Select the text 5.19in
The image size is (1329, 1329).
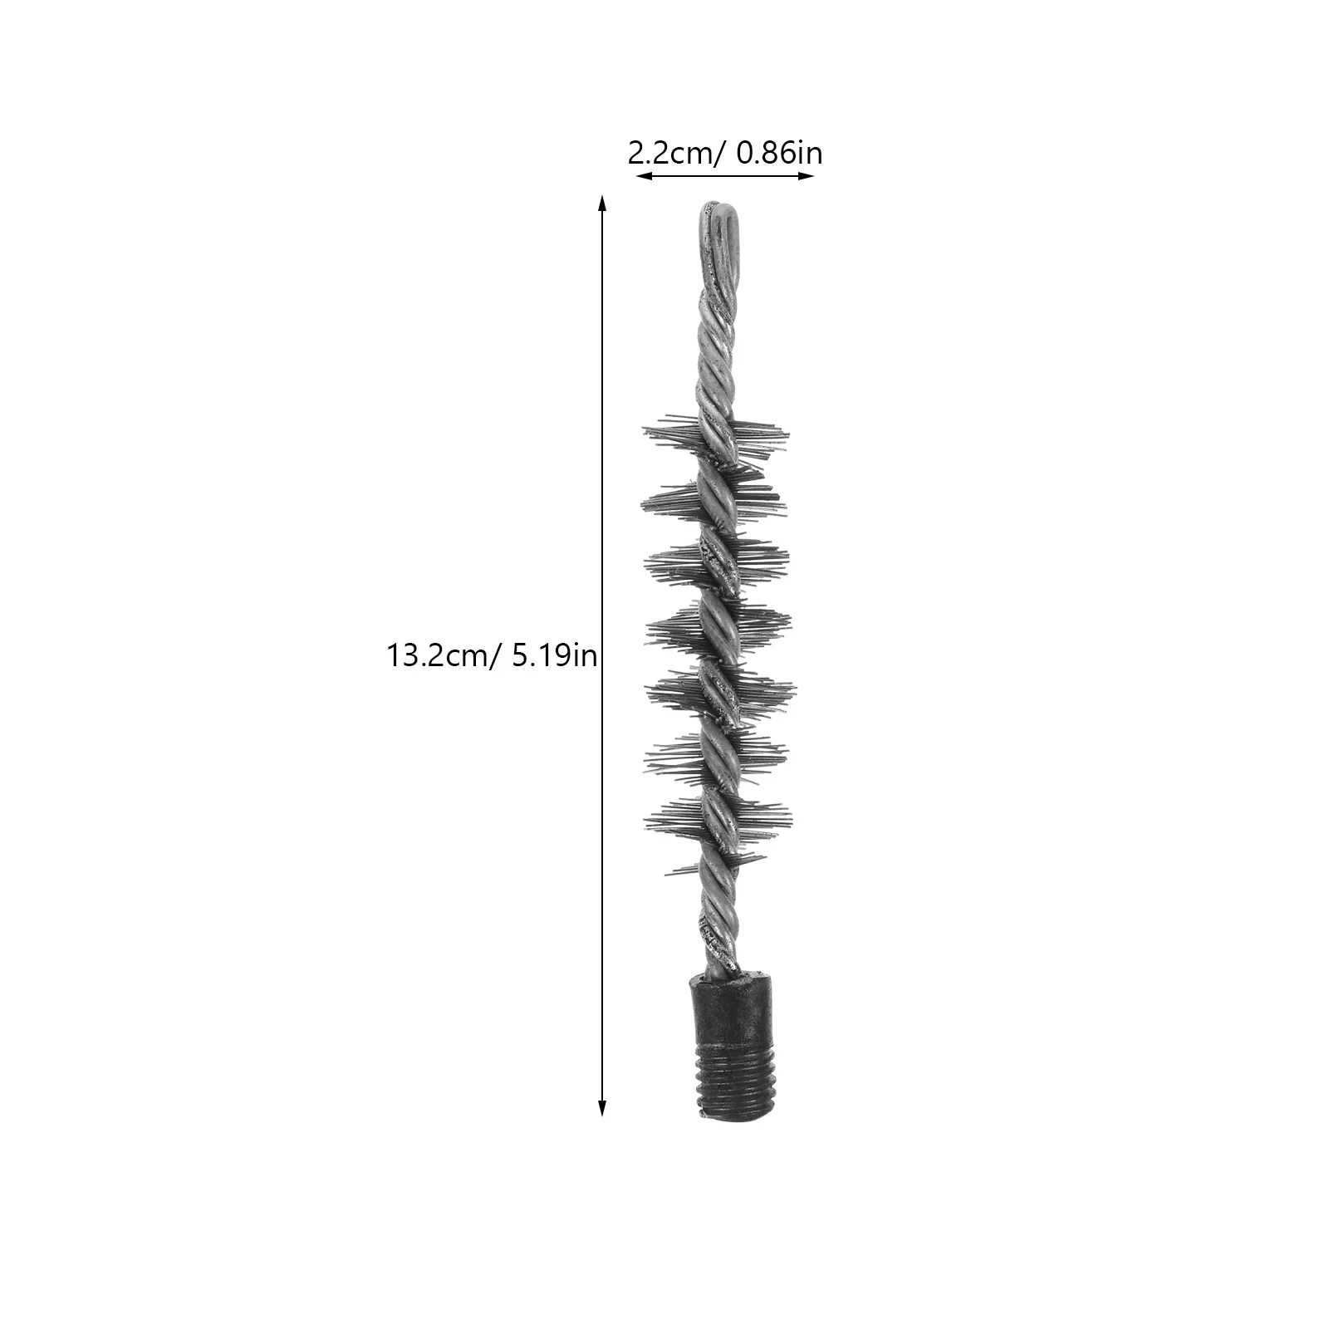click(555, 656)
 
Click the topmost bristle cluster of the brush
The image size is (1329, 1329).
click(716, 436)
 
